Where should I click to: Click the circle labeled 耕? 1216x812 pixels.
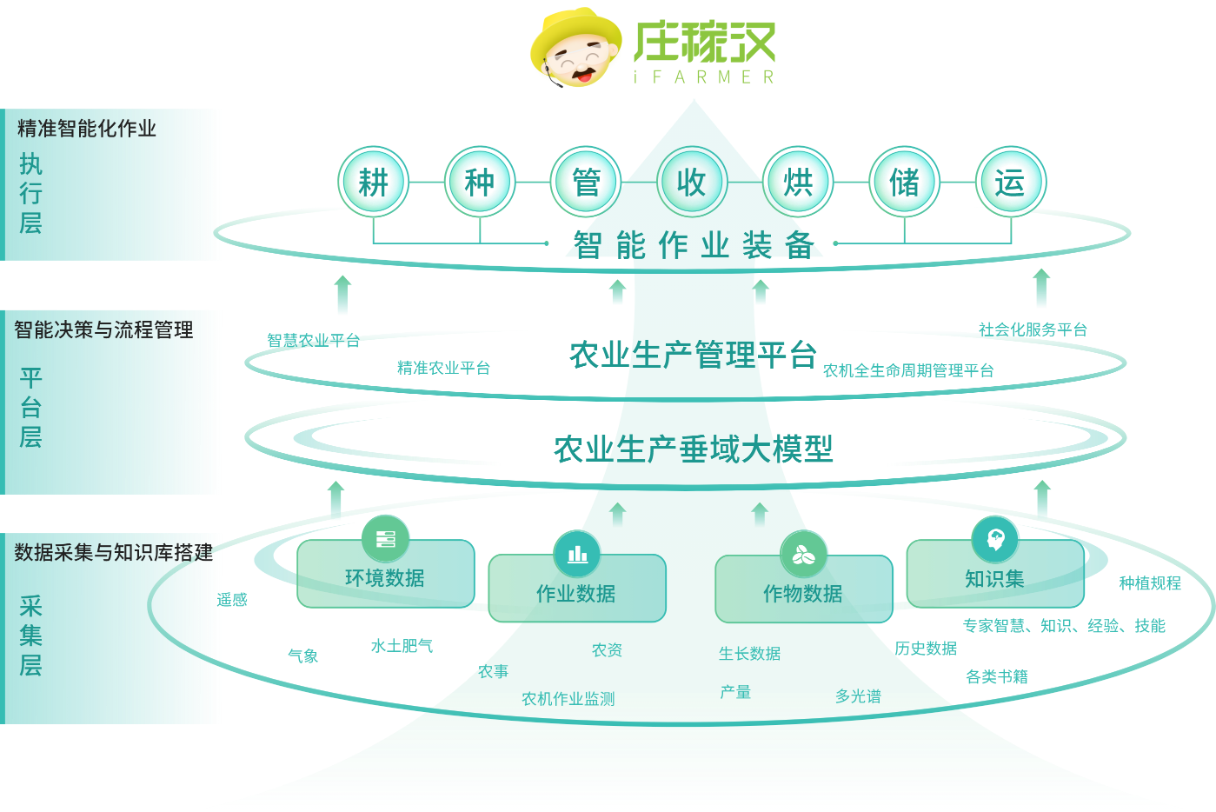click(374, 182)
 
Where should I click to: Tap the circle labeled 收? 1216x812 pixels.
click(692, 182)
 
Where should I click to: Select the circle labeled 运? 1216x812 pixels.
click(1011, 182)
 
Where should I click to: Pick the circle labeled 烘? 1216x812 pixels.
click(798, 182)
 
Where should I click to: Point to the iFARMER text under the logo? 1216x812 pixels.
click(704, 77)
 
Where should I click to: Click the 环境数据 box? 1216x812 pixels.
click(385, 573)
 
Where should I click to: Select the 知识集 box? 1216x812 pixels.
click(995, 573)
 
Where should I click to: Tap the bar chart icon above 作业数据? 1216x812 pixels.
click(577, 554)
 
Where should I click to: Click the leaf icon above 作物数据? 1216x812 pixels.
click(803, 555)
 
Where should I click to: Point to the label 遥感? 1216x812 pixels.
click(232, 600)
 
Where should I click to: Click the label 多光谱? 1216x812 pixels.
click(858, 696)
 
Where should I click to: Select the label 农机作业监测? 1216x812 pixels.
click(568, 698)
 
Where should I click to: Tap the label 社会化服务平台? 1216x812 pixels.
click(1033, 329)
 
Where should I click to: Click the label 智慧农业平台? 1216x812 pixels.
click(313, 341)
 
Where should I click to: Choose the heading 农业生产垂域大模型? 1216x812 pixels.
click(694, 449)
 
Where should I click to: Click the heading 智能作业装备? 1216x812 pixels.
click(694, 245)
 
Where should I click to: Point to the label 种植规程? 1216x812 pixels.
click(1150, 582)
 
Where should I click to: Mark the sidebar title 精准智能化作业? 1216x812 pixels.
click(87, 129)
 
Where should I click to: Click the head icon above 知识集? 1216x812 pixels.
click(995, 539)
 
